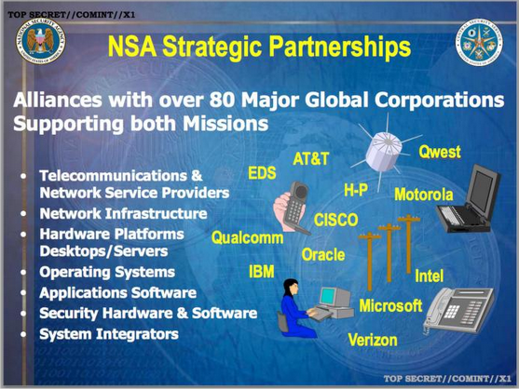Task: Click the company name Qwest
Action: tap(439, 152)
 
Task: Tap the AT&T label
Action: tap(311, 158)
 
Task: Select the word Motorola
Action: tap(423, 194)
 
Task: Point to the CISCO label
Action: tap(336, 220)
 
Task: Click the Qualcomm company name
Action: tap(247, 238)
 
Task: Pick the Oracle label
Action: tap(323, 254)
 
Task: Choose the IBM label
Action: tap(261, 272)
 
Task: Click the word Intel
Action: tap(429, 275)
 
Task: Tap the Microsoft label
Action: tap(390, 305)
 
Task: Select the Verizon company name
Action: tap(373, 341)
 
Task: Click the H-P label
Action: tap(355, 190)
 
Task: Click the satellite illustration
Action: tap(386, 150)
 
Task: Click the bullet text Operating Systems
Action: tap(106, 273)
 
